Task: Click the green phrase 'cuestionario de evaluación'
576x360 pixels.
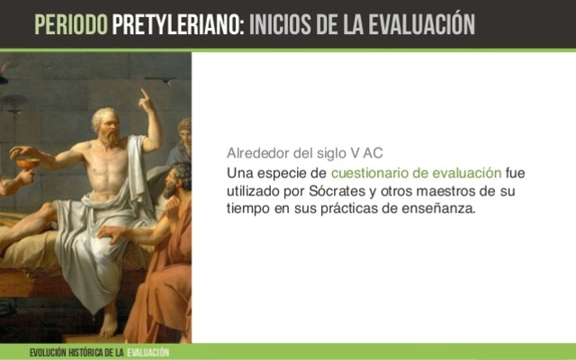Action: click(416, 172)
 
